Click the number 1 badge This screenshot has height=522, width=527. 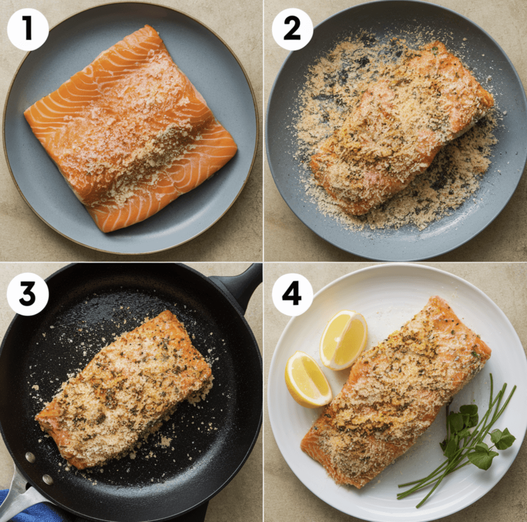28,29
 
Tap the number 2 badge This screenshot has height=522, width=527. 292,29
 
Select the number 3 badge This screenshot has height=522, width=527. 28,294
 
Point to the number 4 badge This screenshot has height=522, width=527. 292,294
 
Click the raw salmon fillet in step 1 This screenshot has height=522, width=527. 130,129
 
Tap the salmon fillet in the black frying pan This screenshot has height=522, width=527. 125,390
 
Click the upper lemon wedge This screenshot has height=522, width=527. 343,340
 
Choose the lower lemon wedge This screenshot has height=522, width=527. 308,380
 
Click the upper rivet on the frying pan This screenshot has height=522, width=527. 30,457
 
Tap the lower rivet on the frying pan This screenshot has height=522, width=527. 47,479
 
